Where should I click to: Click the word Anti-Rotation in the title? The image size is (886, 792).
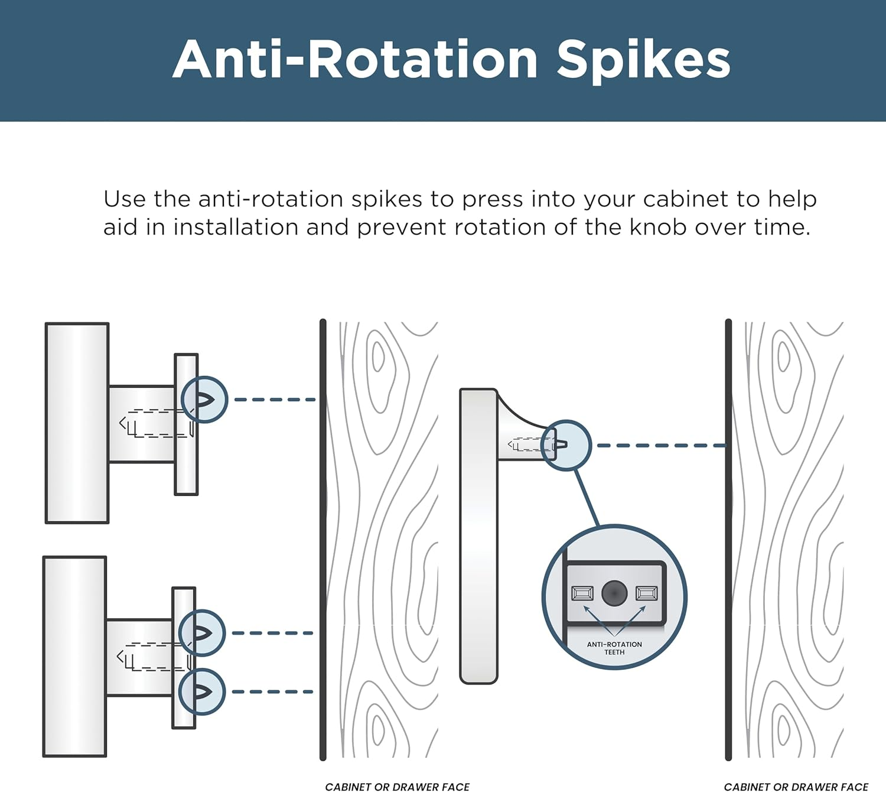point(354,59)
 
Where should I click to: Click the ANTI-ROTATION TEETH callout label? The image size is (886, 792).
point(614,648)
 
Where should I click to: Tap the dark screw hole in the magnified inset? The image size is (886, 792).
point(614,593)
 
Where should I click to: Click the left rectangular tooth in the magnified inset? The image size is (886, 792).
point(582,593)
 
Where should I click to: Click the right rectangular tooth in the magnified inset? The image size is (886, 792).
point(647,593)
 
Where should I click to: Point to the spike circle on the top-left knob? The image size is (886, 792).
point(204,400)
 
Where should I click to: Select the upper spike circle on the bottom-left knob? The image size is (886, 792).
point(201,633)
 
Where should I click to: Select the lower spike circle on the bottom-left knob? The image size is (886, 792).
point(201,692)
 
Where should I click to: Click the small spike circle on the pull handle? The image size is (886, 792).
point(566,446)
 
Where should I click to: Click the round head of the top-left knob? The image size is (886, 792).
point(77,423)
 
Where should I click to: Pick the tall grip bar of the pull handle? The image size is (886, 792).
point(478,536)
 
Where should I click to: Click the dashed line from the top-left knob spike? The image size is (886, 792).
point(275,400)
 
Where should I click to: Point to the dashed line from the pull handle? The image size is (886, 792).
point(661,446)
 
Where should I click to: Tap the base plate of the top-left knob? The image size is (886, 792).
point(186,424)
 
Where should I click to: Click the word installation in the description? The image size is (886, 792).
point(236,227)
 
